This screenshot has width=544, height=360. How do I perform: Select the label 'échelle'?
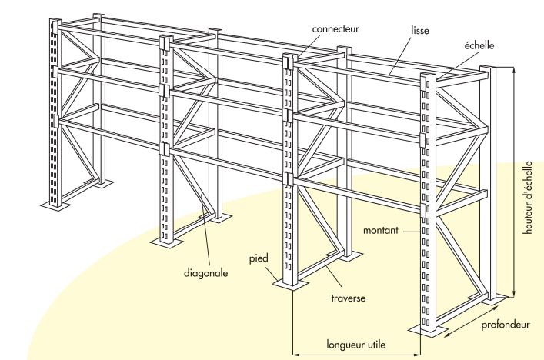(x=477, y=45)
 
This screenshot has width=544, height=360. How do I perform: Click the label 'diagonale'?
(x=205, y=272)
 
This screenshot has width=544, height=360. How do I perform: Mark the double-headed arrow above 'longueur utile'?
(x=356, y=355)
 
